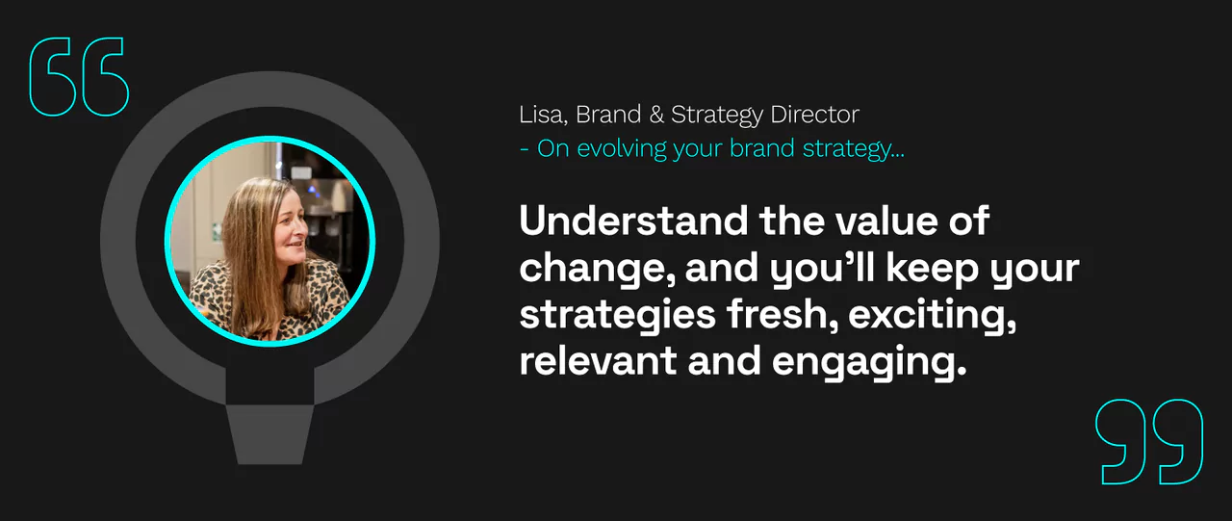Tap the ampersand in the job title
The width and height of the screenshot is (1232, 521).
[656, 115]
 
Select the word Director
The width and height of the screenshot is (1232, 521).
[814, 115]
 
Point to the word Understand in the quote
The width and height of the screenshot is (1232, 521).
[633, 221]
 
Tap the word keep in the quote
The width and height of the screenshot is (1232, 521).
[933, 270]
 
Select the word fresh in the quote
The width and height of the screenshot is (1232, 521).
[783, 315]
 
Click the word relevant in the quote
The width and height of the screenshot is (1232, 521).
[598, 361]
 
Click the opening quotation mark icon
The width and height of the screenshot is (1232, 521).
[79, 77]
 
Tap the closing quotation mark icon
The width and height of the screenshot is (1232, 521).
[1149, 442]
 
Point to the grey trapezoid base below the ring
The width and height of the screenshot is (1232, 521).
[270, 434]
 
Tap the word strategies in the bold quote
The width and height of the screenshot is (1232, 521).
[618, 316]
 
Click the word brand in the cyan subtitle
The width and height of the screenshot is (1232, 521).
[762, 148]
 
